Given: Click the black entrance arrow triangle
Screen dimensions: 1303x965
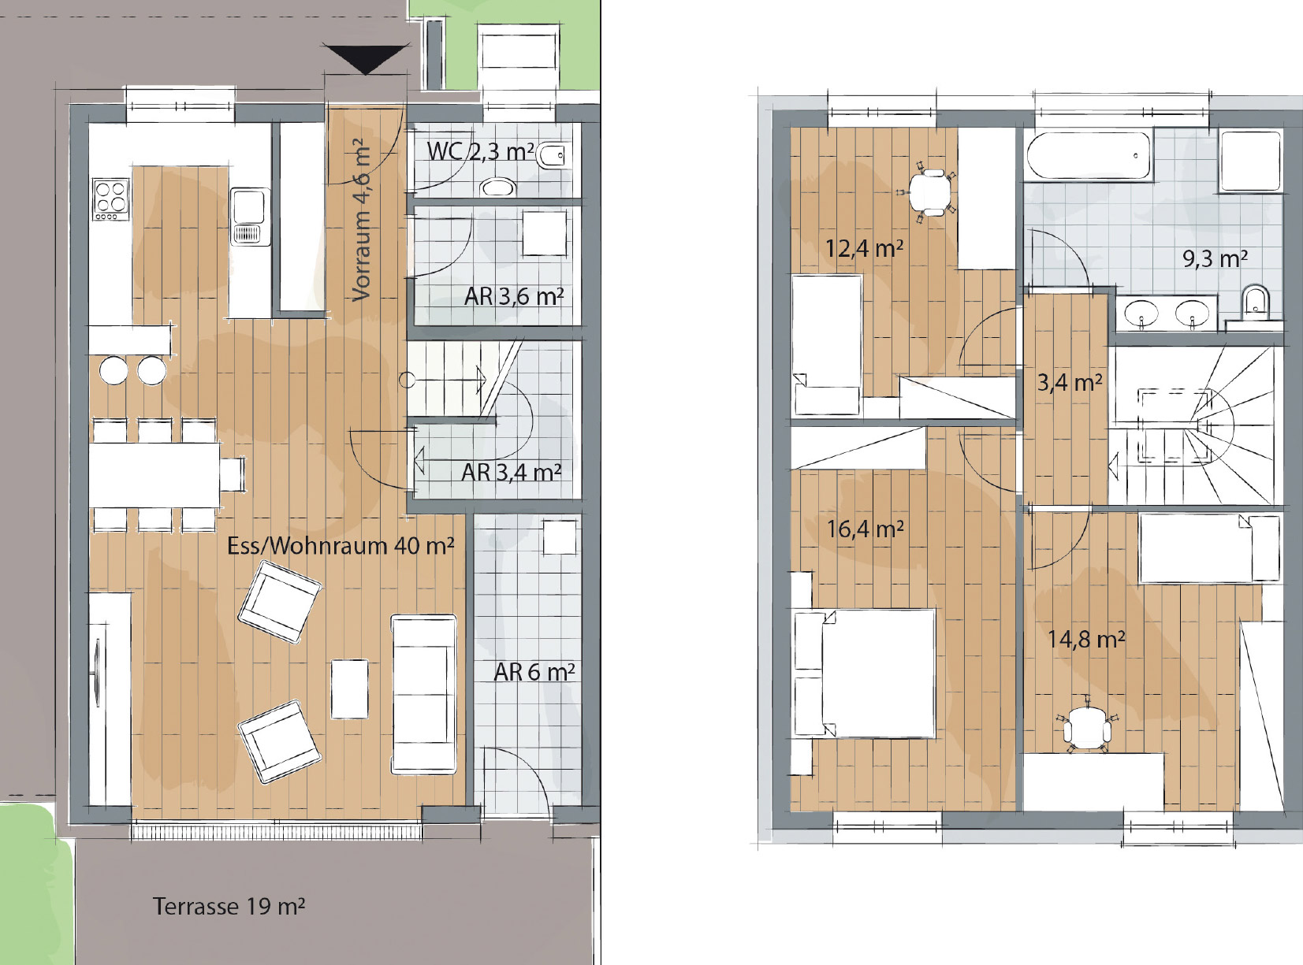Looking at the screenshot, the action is (x=366, y=59).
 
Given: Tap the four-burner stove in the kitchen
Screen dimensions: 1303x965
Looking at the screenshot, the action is (x=111, y=199).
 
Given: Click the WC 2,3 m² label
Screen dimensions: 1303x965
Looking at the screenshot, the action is (x=480, y=151).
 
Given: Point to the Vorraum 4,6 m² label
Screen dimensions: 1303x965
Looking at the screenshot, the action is (x=361, y=220).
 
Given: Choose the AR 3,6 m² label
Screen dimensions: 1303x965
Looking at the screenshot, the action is (x=514, y=296).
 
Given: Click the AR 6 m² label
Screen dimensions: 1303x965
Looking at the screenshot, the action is (x=534, y=672).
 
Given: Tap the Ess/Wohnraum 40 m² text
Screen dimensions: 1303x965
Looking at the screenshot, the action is (x=341, y=546).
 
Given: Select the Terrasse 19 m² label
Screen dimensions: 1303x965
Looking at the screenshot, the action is (x=229, y=906).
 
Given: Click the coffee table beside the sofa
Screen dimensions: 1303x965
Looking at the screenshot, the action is (x=349, y=689).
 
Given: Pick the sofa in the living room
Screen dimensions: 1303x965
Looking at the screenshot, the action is (x=423, y=694).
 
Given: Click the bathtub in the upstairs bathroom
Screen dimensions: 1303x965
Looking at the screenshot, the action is (x=1089, y=156).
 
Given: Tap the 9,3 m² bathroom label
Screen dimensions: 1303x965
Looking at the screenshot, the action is (x=1215, y=258).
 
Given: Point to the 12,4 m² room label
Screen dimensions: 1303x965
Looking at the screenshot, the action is (x=864, y=248).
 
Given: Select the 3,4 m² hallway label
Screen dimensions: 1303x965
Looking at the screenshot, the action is (x=1069, y=383).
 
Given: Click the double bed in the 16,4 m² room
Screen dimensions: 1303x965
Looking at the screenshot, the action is (x=864, y=674).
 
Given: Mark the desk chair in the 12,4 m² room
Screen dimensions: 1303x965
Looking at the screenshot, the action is (x=929, y=191).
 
